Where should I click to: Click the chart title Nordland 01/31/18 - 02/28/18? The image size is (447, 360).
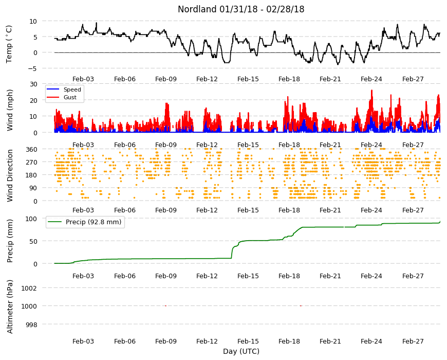tap(241, 9)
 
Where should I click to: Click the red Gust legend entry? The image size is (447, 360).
tap(62, 97)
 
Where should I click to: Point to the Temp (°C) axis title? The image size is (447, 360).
tap(9, 44)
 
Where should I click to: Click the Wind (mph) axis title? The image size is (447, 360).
tap(10, 110)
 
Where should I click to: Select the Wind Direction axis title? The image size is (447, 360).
tap(10, 175)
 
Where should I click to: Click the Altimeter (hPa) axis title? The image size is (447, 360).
tap(10, 307)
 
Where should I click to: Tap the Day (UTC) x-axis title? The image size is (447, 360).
tap(241, 351)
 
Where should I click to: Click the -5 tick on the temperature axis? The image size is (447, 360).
tap(33, 68)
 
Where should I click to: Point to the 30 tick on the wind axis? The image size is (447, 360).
tap(33, 84)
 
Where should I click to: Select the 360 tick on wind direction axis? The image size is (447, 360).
tap(32, 149)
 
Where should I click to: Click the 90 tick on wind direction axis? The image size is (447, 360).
tap(33, 188)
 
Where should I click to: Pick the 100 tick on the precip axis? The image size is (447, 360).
tap(32, 219)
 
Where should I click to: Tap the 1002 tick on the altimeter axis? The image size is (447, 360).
tap(29, 288)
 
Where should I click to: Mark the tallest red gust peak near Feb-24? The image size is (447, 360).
tap(372, 91)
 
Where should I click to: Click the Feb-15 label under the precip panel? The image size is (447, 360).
tap(248, 276)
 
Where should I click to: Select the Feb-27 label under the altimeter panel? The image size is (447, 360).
tap(413, 341)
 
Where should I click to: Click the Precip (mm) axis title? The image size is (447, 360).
tap(10, 241)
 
